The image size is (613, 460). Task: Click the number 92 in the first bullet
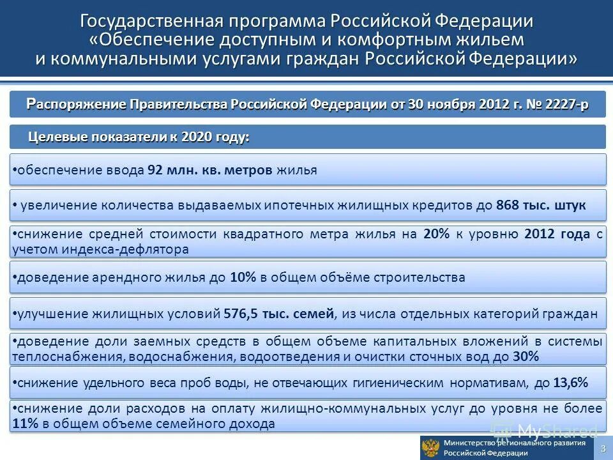click(155, 171)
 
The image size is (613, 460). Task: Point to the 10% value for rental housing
click(243, 278)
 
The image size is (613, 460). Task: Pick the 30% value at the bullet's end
click(527, 356)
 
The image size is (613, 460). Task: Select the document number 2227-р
click(567, 104)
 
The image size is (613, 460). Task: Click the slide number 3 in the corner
click(603, 447)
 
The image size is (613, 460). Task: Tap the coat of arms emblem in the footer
click(432, 448)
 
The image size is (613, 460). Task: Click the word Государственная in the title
click(151, 22)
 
